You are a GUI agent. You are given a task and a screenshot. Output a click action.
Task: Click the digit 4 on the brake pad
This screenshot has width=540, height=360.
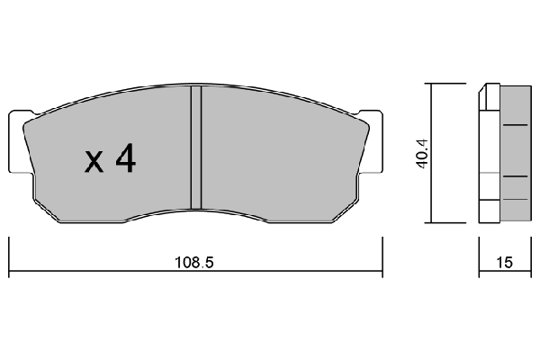pyautogui.click(x=125, y=159)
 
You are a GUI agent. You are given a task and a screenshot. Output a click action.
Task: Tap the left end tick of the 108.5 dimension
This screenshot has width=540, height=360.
pyautogui.click(x=9, y=256)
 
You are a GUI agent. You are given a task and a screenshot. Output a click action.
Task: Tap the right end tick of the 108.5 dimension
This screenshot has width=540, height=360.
pyautogui.click(x=382, y=256)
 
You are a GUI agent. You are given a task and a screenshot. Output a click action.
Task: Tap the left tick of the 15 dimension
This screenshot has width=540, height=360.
pyautogui.click(x=478, y=256)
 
